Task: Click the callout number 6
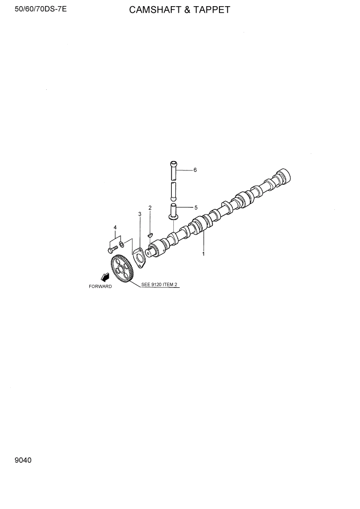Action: [195, 170]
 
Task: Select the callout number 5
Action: [195, 208]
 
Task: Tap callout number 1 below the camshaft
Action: [203, 253]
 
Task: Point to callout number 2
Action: [150, 208]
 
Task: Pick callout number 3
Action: [139, 213]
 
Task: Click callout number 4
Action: [115, 227]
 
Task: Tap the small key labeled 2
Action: [150, 235]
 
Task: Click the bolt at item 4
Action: [111, 250]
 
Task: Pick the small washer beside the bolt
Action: [121, 244]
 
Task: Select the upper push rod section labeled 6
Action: [173, 169]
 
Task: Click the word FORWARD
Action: [100, 286]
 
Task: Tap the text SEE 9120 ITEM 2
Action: [159, 284]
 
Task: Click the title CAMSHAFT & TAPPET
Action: [179, 9]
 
